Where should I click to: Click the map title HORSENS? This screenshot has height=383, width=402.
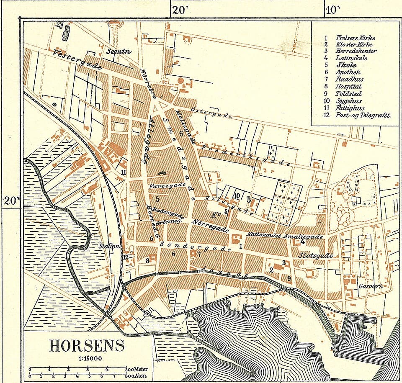(x=87, y=346)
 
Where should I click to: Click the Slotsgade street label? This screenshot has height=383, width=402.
(x=315, y=255)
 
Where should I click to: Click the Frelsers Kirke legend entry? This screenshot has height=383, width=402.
(x=355, y=38)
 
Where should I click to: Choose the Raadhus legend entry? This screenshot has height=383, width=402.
(x=349, y=79)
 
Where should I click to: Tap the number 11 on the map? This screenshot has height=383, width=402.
(x=123, y=172)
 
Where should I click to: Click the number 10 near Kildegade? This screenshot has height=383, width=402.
(x=237, y=195)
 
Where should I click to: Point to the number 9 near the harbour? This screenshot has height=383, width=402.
(x=289, y=278)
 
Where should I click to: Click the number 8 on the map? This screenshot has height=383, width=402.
(x=147, y=260)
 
